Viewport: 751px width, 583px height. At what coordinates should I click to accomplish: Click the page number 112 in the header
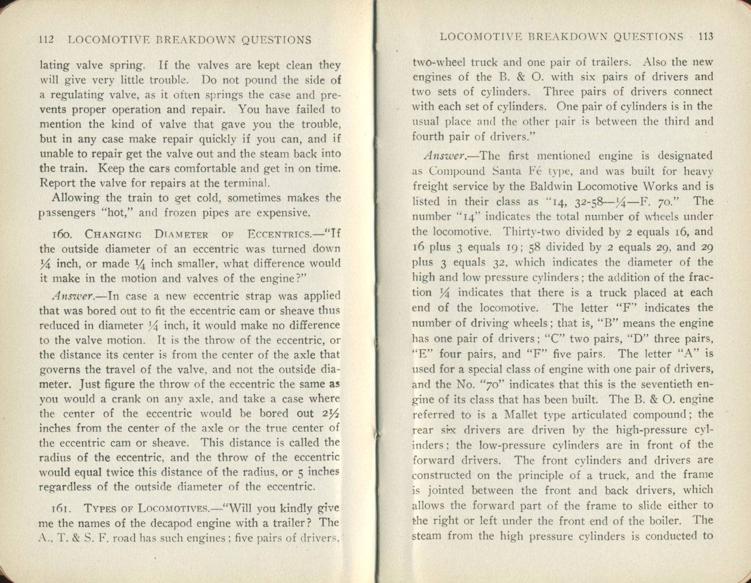46,40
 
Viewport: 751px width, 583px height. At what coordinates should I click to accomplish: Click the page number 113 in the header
705,37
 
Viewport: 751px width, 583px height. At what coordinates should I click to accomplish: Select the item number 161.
61,509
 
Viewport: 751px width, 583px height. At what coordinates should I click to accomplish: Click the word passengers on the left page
65,213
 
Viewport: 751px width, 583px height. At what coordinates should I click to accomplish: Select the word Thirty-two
528,232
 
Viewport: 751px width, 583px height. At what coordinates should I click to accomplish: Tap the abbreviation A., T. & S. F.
75,539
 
